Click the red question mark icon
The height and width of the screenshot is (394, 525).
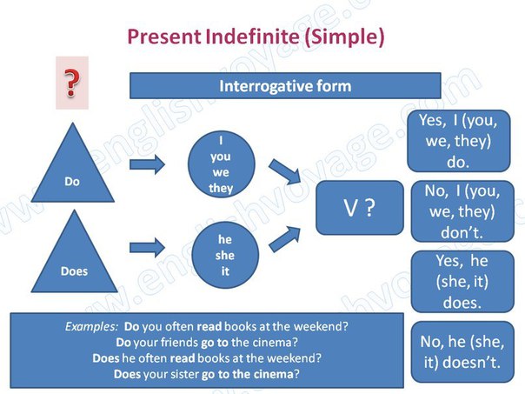[x=72, y=84]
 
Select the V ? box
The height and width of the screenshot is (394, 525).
[x=359, y=208]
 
